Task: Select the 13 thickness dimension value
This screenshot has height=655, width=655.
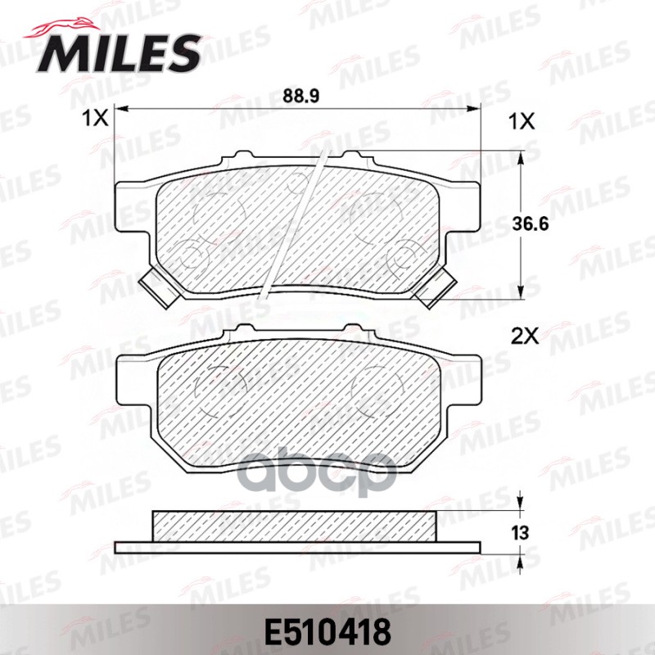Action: pos(517,533)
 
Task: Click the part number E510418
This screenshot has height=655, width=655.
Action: pos(327,631)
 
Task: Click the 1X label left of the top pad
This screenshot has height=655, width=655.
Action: pos(95,120)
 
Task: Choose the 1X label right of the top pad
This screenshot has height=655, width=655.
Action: pos(522,120)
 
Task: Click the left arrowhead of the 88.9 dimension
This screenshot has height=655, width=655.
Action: pos(123,109)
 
